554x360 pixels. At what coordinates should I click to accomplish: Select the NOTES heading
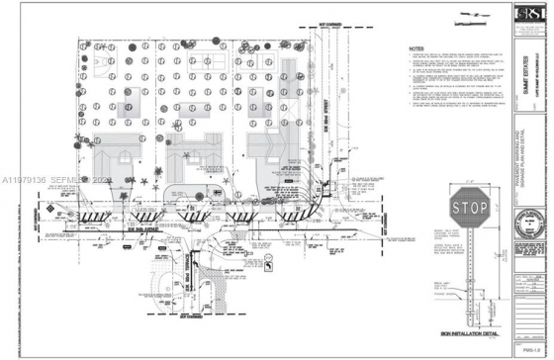point(415,46)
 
